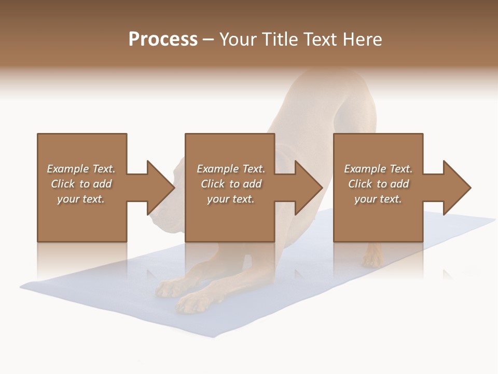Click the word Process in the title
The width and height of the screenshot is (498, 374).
163,39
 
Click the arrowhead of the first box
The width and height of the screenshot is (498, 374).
161,188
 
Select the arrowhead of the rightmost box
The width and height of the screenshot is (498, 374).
457,188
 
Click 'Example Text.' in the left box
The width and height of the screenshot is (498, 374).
81,169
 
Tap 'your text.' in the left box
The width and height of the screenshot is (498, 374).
81,199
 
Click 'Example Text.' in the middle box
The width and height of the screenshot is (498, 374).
231,169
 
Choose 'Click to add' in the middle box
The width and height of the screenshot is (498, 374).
231,184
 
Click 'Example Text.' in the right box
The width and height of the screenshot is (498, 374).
378,169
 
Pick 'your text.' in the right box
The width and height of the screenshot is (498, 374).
378,199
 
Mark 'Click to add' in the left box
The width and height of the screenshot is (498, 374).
81,184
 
